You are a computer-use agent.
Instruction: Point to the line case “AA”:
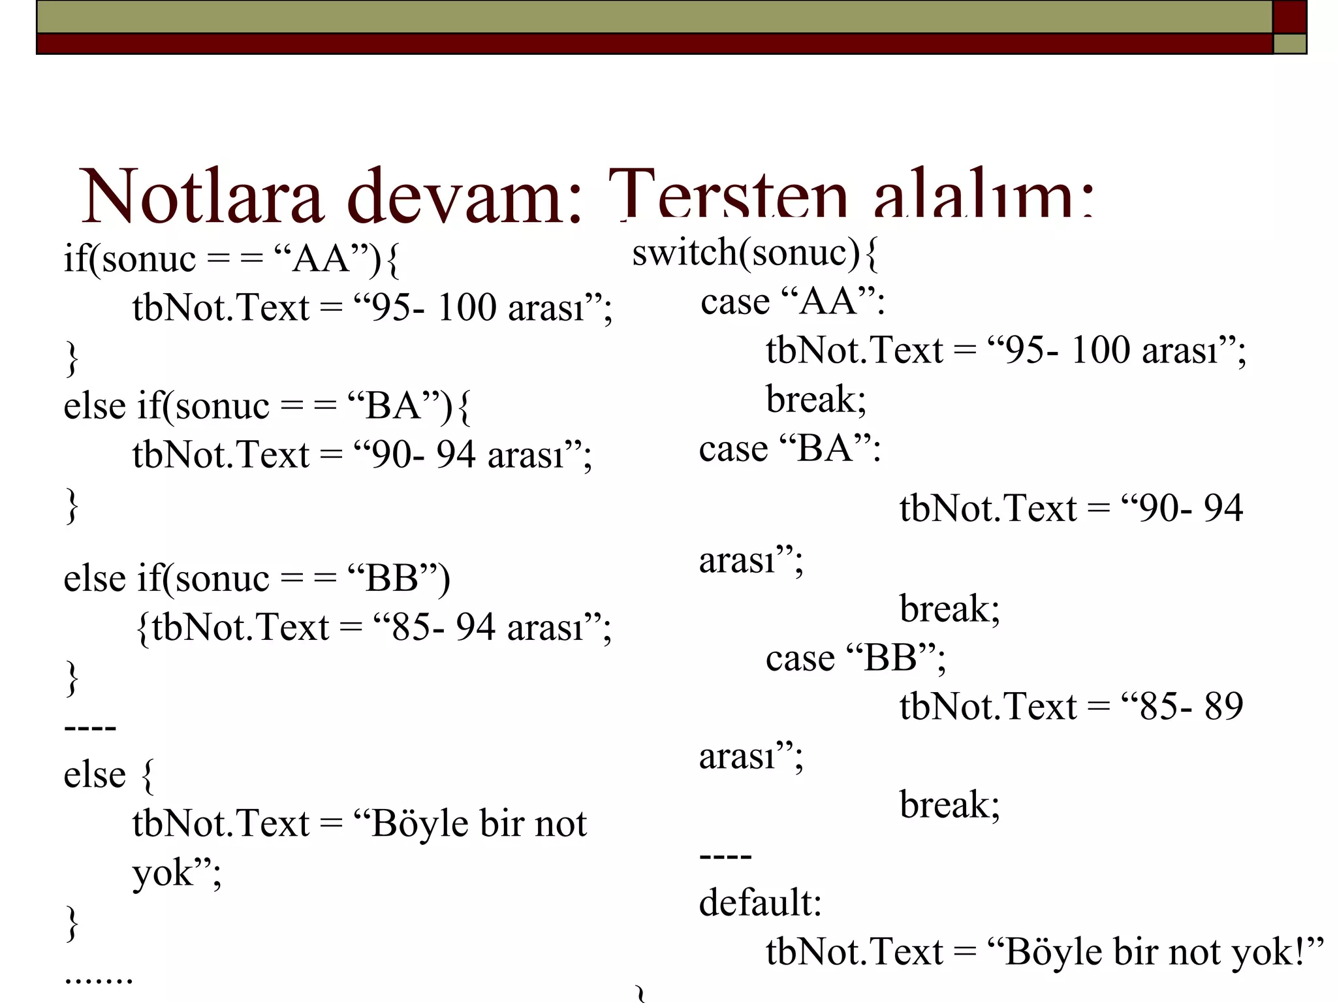(793, 302)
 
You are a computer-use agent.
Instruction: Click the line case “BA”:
(790, 449)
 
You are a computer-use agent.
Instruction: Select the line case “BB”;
(855, 658)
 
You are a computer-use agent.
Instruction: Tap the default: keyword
(760, 904)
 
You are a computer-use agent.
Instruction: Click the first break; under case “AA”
(816, 400)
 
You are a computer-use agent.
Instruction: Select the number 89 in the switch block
(1223, 707)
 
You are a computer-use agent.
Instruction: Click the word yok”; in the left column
(177, 874)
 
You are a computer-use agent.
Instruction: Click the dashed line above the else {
(90, 727)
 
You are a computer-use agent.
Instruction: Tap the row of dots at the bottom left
(99, 980)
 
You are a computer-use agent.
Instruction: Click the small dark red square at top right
(1289, 17)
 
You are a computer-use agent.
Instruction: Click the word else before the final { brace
(95, 776)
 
